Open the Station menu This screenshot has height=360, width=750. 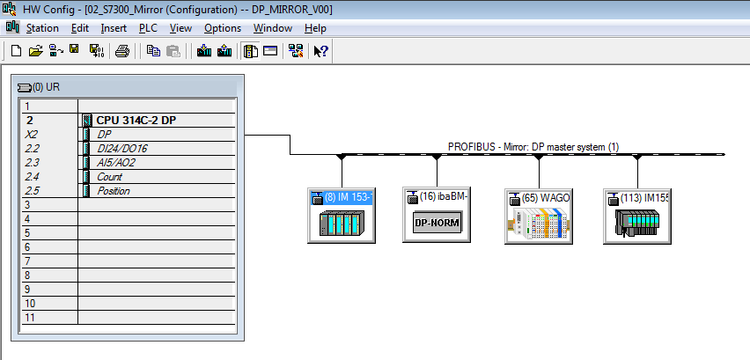[x=42, y=28]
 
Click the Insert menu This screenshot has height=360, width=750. [x=114, y=28]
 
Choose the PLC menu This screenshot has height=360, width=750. [x=148, y=28]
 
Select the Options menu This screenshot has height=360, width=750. [x=223, y=28]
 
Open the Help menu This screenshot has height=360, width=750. [x=315, y=28]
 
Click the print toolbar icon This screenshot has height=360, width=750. [x=122, y=51]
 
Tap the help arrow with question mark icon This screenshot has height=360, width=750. [x=320, y=51]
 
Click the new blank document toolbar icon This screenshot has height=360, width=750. [x=16, y=51]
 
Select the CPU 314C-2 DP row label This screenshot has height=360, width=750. [x=136, y=121]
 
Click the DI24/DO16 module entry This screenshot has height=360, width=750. [x=122, y=149]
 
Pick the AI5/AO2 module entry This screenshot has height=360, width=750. [x=115, y=163]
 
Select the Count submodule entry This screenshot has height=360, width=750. [x=109, y=177]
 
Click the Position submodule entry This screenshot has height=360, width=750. [x=114, y=191]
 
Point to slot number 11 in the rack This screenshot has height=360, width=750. [x=30, y=318]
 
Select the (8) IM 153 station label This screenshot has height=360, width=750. [x=349, y=197]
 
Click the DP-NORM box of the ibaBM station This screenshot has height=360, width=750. [x=436, y=223]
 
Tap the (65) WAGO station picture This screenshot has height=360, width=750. [x=538, y=224]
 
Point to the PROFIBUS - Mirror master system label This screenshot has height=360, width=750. [x=533, y=147]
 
